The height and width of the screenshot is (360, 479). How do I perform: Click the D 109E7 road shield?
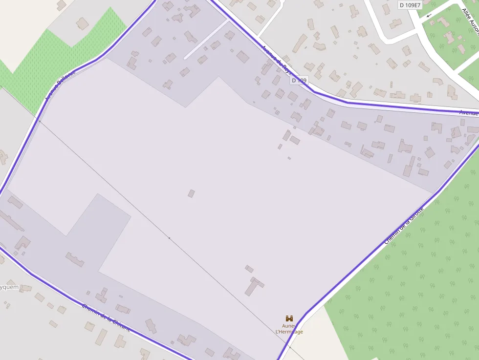point(410,5)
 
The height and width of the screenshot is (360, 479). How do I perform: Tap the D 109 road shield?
point(299,80)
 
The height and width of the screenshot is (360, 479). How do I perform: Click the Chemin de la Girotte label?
point(403,225)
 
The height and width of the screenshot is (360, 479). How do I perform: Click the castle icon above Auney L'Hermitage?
point(289,318)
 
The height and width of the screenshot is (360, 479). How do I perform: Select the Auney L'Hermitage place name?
point(289,329)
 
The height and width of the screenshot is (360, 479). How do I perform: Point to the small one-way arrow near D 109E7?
point(429,15)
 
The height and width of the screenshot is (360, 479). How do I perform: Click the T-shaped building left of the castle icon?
point(254,286)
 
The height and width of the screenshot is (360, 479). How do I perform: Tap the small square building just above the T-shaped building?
point(249,269)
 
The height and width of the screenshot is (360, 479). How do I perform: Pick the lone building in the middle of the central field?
point(191,193)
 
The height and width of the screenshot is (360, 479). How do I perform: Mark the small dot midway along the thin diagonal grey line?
point(169,238)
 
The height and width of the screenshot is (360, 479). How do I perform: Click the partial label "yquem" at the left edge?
point(9,287)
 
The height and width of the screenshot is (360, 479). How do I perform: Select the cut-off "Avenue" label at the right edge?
point(469,113)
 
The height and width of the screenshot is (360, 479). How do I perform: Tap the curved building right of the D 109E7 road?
point(438,81)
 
